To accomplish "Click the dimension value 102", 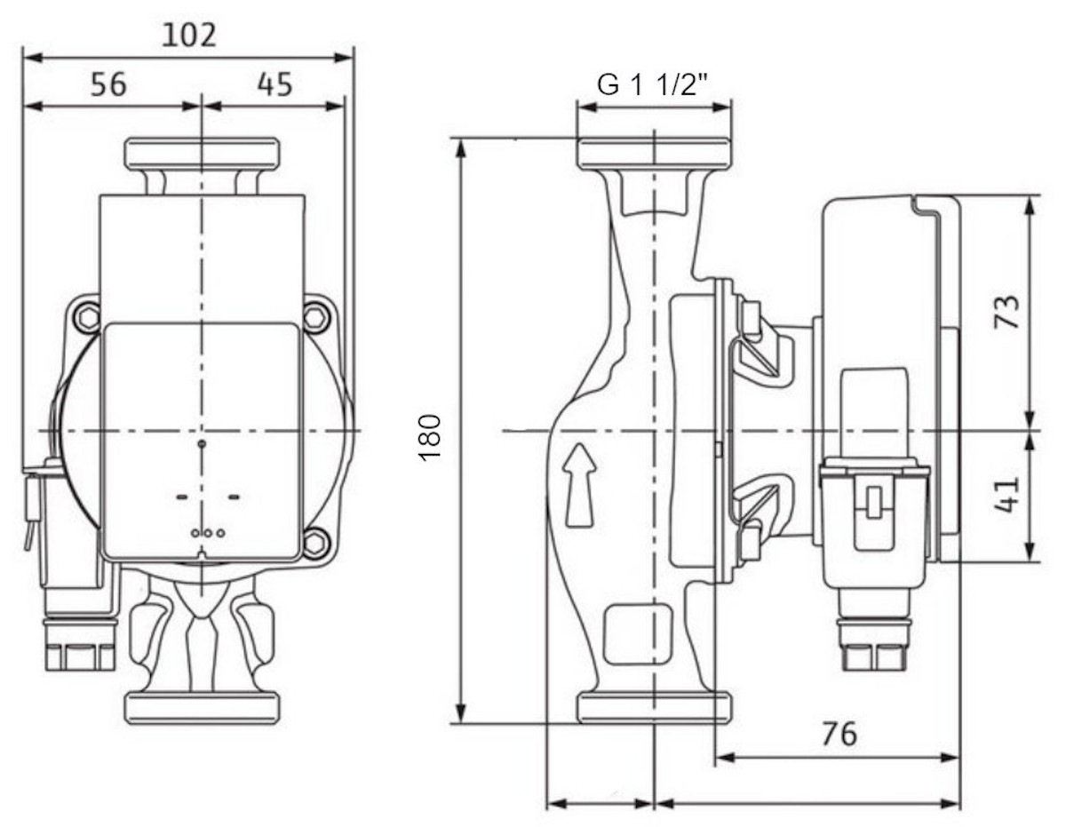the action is coord(189,36).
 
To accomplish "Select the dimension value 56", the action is coord(109,83).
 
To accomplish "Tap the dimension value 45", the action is coord(274,83).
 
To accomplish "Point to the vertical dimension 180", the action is coord(430,438).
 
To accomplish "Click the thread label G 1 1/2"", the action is coord(652,85).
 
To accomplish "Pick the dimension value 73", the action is coord(1006,311).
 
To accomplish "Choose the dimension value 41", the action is coord(1006,495).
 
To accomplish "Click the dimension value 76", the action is coord(839,734).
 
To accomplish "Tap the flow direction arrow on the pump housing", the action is coord(579,485).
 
